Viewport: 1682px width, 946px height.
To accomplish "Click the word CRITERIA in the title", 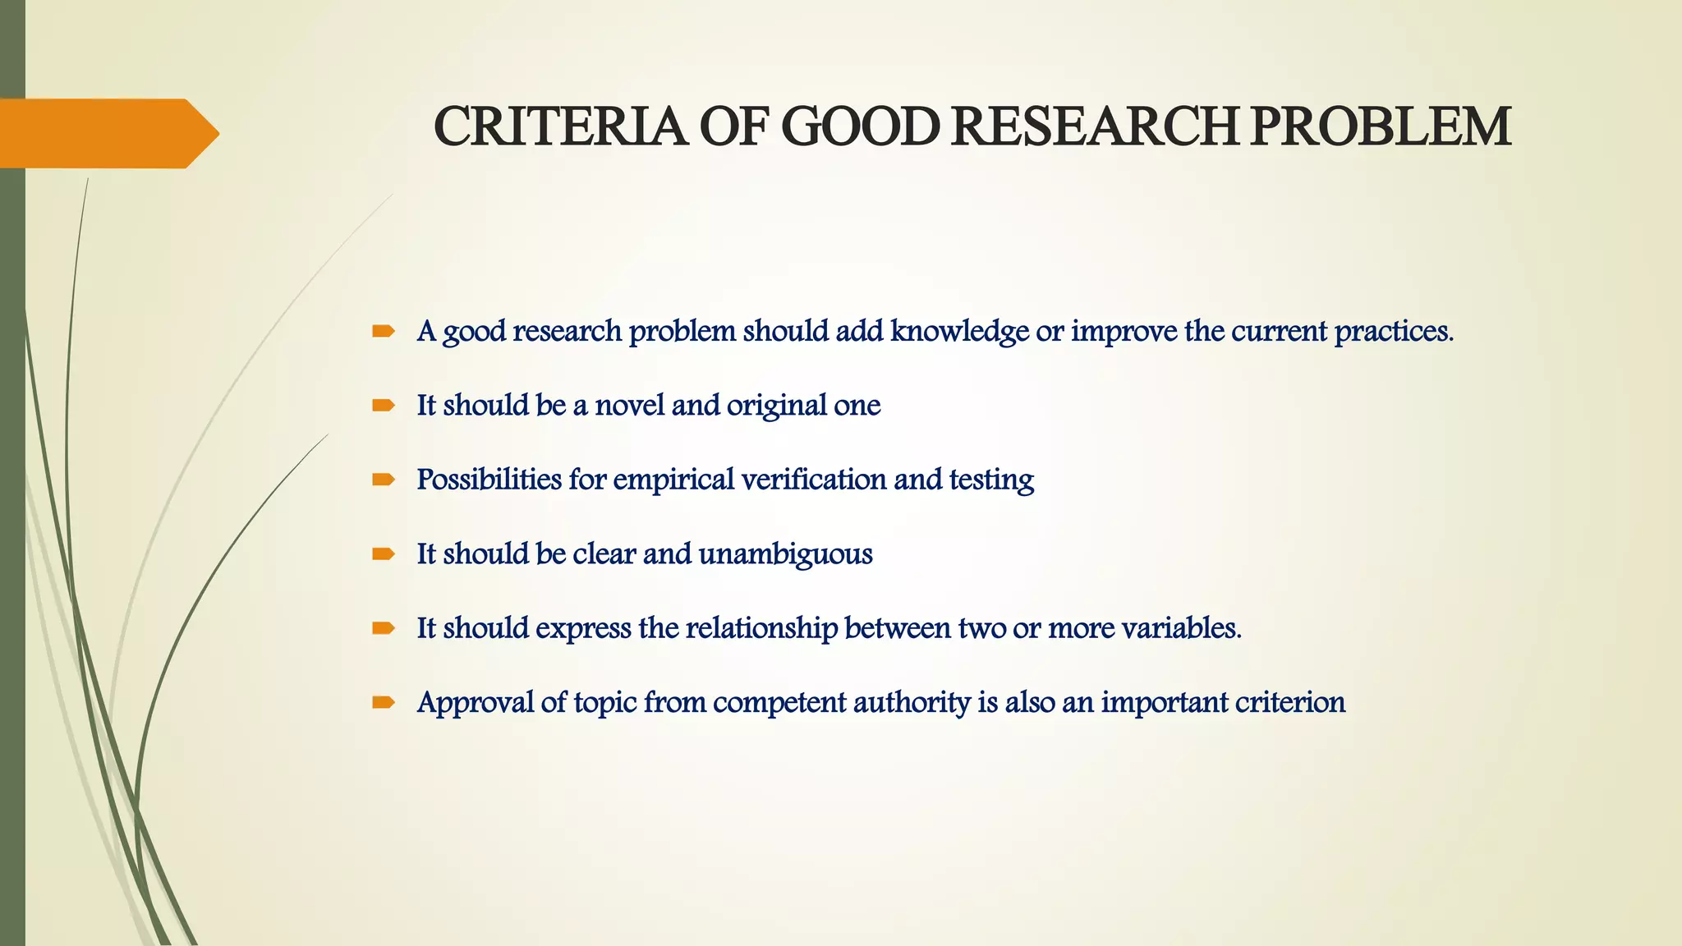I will [560, 127].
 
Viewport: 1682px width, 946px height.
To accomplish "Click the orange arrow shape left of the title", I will [107, 133].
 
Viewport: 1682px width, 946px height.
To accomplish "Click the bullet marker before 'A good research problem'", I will [384, 332].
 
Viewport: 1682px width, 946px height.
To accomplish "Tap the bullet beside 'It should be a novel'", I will [384, 406].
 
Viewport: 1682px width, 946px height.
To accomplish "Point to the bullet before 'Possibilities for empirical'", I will [384, 480].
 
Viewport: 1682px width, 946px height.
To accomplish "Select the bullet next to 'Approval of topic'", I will [384, 703].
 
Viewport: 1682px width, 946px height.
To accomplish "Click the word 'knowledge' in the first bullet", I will [959, 332].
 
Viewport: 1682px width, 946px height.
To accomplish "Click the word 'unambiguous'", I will [785, 554].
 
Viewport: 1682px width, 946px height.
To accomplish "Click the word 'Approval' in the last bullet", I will [476, 703].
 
